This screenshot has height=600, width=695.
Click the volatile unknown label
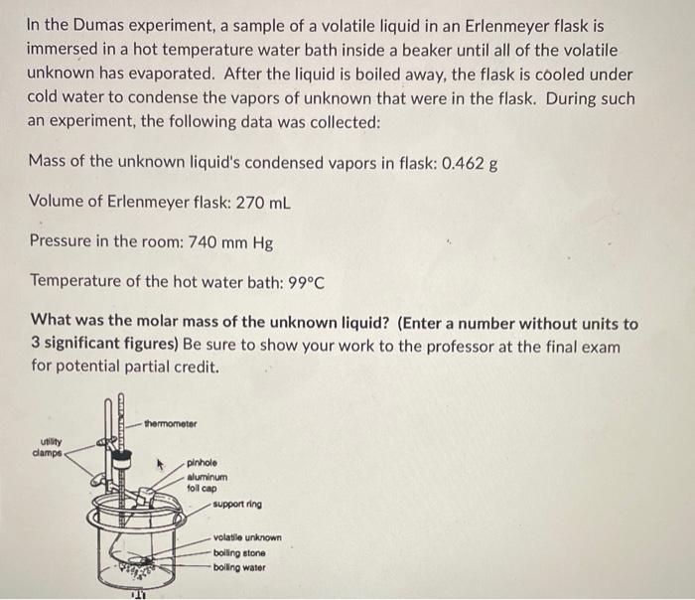(x=247, y=538)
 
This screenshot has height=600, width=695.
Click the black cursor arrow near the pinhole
(x=155, y=461)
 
